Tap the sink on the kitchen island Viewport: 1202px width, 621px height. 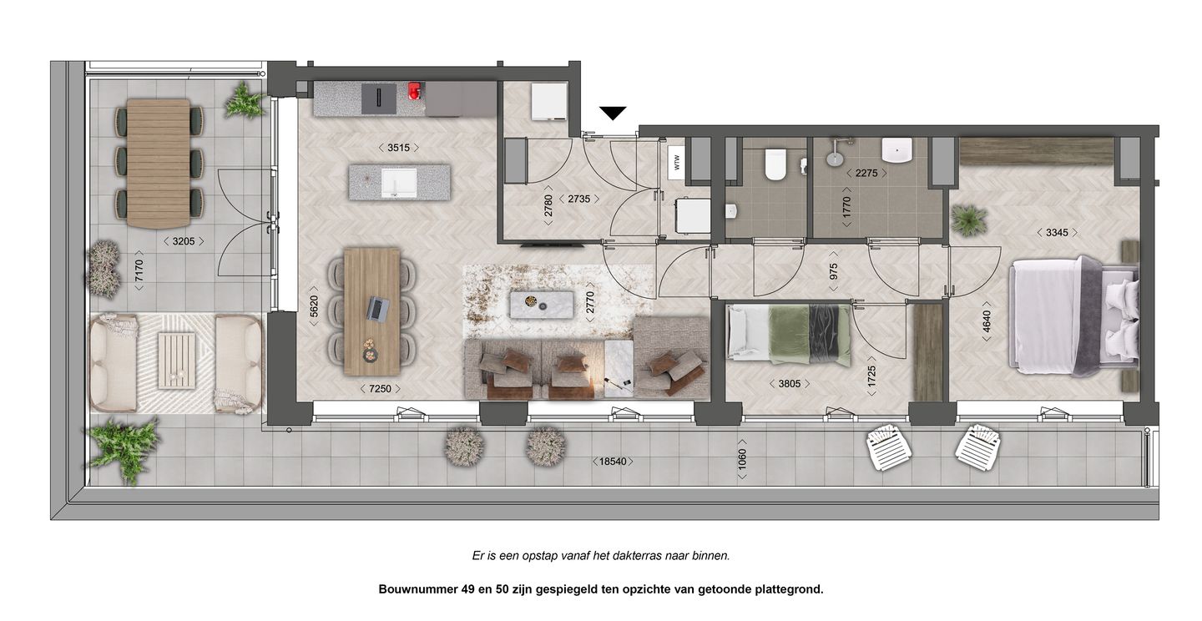(x=398, y=182)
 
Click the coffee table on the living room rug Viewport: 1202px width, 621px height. (x=542, y=304)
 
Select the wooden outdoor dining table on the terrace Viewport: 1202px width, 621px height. (x=159, y=163)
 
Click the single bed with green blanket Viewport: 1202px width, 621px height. (x=789, y=335)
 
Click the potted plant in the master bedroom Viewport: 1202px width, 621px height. (x=968, y=220)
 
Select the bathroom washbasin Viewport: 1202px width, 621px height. (x=897, y=150)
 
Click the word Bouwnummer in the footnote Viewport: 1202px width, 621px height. (x=416, y=588)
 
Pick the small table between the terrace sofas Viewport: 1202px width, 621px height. (x=176, y=359)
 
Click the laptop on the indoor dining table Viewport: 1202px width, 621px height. (x=378, y=309)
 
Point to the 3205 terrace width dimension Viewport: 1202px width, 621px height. (x=184, y=241)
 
